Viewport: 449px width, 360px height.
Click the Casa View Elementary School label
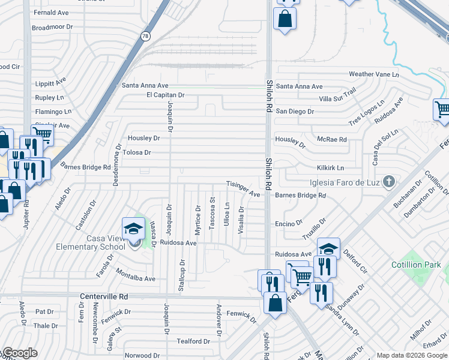click(105, 242)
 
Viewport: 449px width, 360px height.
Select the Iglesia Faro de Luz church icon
click(390, 181)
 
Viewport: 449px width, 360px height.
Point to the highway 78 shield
click(145, 37)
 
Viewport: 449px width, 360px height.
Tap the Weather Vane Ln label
click(373, 74)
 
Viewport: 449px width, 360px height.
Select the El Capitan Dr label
click(165, 95)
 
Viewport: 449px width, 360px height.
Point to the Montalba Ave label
click(136, 278)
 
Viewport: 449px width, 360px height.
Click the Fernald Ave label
click(52, 12)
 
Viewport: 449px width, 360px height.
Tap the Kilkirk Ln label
click(331, 168)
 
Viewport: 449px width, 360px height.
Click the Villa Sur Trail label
click(337, 98)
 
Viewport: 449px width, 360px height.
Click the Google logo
click(20, 353)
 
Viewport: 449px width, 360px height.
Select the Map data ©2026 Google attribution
click(411, 355)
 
